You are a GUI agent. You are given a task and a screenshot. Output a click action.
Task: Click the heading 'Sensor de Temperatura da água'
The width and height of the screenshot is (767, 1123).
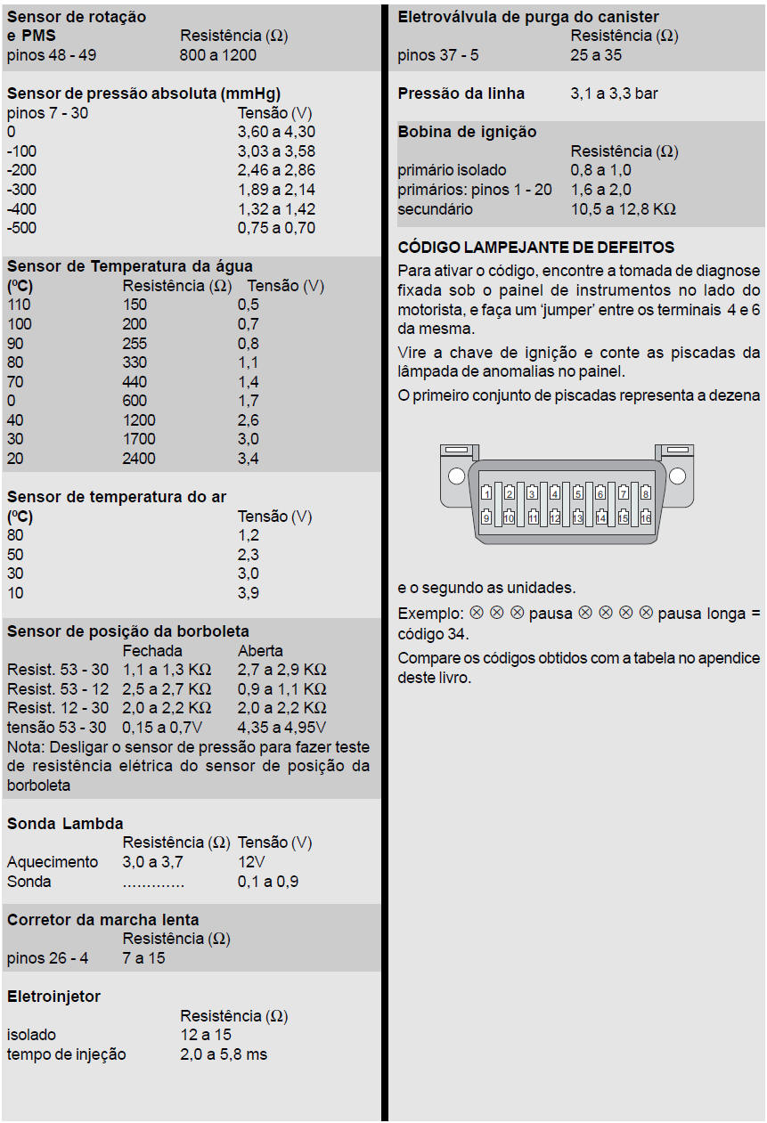click(x=130, y=266)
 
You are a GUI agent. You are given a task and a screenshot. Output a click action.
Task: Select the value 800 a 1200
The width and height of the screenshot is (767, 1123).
click(x=218, y=55)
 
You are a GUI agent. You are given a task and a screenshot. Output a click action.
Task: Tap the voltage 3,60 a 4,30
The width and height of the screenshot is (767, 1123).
click(x=276, y=132)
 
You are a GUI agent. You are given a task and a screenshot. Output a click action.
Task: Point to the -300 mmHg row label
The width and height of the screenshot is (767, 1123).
click(x=22, y=190)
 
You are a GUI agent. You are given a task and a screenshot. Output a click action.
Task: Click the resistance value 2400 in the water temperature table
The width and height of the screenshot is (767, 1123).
click(x=139, y=459)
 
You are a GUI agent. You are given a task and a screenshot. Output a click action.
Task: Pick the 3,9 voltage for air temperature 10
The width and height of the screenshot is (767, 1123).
click(x=249, y=593)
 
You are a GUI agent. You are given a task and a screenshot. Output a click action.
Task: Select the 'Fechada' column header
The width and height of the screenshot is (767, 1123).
click(x=152, y=651)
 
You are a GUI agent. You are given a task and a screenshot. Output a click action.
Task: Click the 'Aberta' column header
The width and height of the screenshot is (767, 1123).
click(x=260, y=651)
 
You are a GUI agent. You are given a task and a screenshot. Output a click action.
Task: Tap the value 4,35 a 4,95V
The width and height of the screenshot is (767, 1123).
click(x=276, y=728)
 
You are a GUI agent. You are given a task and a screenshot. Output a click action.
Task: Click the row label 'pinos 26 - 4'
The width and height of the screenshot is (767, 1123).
click(x=48, y=958)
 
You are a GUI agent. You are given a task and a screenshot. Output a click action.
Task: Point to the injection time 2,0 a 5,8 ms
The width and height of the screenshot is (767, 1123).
click(x=224, y=1054)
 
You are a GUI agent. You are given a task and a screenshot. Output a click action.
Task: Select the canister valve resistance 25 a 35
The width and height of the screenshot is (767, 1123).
click(x=597, y=55)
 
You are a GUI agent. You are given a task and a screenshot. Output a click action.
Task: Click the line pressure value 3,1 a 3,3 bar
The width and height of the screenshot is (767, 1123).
click(x=615, y=94)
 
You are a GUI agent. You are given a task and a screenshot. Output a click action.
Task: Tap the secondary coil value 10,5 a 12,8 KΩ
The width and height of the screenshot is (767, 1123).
click(x=624, y=209)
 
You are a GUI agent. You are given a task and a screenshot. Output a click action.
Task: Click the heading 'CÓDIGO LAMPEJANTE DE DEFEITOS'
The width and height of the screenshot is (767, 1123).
click(x=536, y=248)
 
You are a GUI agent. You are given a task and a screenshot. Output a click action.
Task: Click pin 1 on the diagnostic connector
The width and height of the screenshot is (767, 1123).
click(x=486, y=492)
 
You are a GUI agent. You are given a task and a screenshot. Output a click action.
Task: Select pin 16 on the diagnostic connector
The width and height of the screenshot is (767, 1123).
click(x=646, y=517)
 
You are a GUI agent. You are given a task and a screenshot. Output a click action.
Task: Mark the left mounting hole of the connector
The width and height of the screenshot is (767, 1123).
click(x=456, y=475)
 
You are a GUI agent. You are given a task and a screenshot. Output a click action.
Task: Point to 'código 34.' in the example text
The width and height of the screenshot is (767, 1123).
click(x=433, y=634)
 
